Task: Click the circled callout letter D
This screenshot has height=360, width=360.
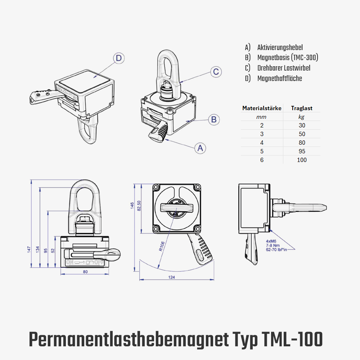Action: (119, 58)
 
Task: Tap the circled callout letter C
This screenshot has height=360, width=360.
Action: (216, 72)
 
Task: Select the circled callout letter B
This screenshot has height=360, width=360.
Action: (214, 120)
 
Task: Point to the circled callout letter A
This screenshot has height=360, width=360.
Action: (200, 148)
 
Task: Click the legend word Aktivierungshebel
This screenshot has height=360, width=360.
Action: (280, 48)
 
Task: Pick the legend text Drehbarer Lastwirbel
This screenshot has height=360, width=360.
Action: (284, 68)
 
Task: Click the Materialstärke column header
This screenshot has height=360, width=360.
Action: (262, 108)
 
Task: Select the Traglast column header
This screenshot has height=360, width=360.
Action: (302, 108)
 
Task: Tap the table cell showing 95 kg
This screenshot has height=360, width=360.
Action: (302, 151)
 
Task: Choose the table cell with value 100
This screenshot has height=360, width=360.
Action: (302, 160)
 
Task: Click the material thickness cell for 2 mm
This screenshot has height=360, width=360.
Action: (262, 125)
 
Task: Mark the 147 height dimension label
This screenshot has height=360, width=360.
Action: (29, 249)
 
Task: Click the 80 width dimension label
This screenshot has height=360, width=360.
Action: (85, 272)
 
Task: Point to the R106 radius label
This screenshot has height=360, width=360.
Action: (162, 246)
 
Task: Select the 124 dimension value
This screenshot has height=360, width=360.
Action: (171, 277)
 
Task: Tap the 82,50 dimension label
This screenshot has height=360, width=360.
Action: (139, 206)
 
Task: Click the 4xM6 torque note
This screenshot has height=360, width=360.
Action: (276, 246)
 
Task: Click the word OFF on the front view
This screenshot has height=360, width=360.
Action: (99, 262)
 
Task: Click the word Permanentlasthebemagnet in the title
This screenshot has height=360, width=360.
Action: (129, 340)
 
